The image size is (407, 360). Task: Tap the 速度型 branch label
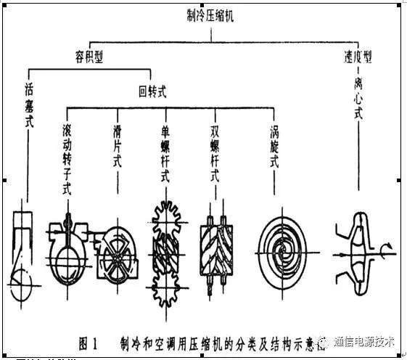point(358,57)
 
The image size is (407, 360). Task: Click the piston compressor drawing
point(27,250)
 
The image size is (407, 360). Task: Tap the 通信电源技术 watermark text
point(364,340)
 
